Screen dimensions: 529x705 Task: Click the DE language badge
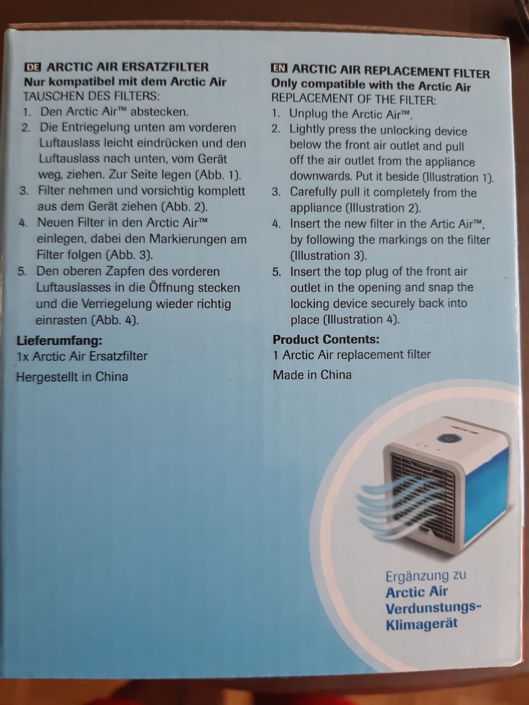click(x=33, y=67)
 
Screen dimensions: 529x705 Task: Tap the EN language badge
click(x=279, y=68)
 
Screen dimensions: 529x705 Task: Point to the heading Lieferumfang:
click(x=60, y=340)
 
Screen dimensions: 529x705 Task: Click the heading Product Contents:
click(x=326, y=339)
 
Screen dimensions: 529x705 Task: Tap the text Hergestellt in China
click(x=72, y=377)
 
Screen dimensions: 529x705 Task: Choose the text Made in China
click(x=312, y=375)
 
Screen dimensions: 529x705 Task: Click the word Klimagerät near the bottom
click(x=421, y=625)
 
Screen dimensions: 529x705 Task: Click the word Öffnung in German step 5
click(x=171, y=287)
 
